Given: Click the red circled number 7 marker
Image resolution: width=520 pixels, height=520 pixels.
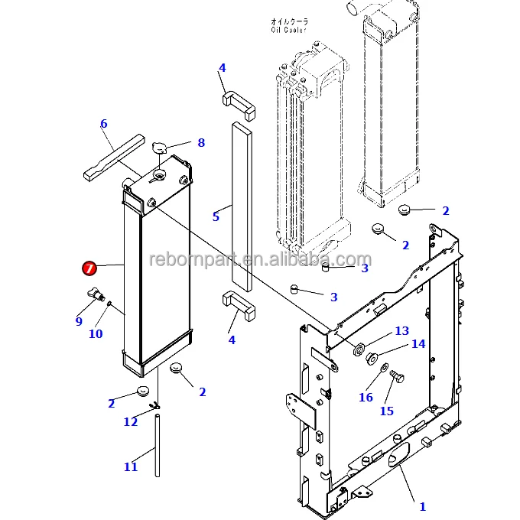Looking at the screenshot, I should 89,268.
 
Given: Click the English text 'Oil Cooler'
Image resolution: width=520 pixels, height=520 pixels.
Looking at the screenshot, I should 288,31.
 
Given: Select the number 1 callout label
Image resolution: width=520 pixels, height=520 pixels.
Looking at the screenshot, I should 423,506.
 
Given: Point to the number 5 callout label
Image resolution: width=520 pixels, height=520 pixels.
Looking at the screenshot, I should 216,217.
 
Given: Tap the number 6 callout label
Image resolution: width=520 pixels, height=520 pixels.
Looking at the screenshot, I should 103,124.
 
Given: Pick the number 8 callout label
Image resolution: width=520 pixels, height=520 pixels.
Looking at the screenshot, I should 201,142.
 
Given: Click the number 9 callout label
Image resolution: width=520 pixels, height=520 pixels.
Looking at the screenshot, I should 79,322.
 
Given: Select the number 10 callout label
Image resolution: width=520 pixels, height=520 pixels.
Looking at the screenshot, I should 96,333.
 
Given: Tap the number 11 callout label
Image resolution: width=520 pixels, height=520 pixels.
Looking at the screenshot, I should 131,466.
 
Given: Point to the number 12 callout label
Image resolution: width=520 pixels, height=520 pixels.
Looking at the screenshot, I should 131,421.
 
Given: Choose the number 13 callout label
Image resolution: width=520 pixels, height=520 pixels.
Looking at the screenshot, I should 402,331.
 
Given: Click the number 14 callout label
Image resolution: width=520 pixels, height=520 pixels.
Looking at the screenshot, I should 418,344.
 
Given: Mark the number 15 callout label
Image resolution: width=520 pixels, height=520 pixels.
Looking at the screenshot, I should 387,411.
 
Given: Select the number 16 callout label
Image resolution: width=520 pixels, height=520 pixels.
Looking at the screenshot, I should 366,397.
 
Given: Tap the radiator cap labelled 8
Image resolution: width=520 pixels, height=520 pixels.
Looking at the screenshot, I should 161,148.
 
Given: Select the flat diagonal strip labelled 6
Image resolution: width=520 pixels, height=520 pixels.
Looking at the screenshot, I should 113,158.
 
